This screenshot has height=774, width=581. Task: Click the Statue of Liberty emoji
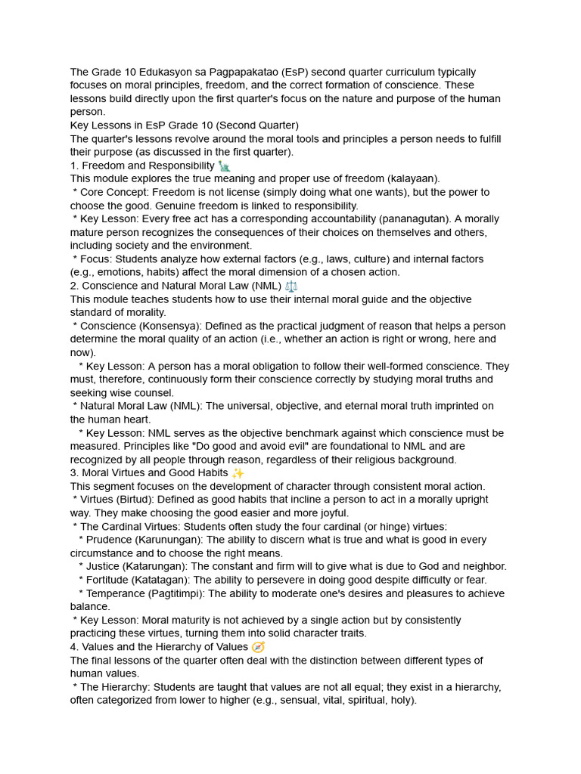click(224, 166)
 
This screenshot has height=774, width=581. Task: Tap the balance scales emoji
click(291, 286)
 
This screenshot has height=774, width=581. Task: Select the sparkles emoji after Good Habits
click(238, 473)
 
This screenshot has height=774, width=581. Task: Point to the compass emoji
click(258, 647)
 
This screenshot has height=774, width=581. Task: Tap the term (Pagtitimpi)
click(175, 593)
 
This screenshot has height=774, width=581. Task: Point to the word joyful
click(334, 513)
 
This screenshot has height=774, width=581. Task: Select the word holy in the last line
click(399, 700)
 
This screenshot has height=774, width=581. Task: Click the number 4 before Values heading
click(73, 647)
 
